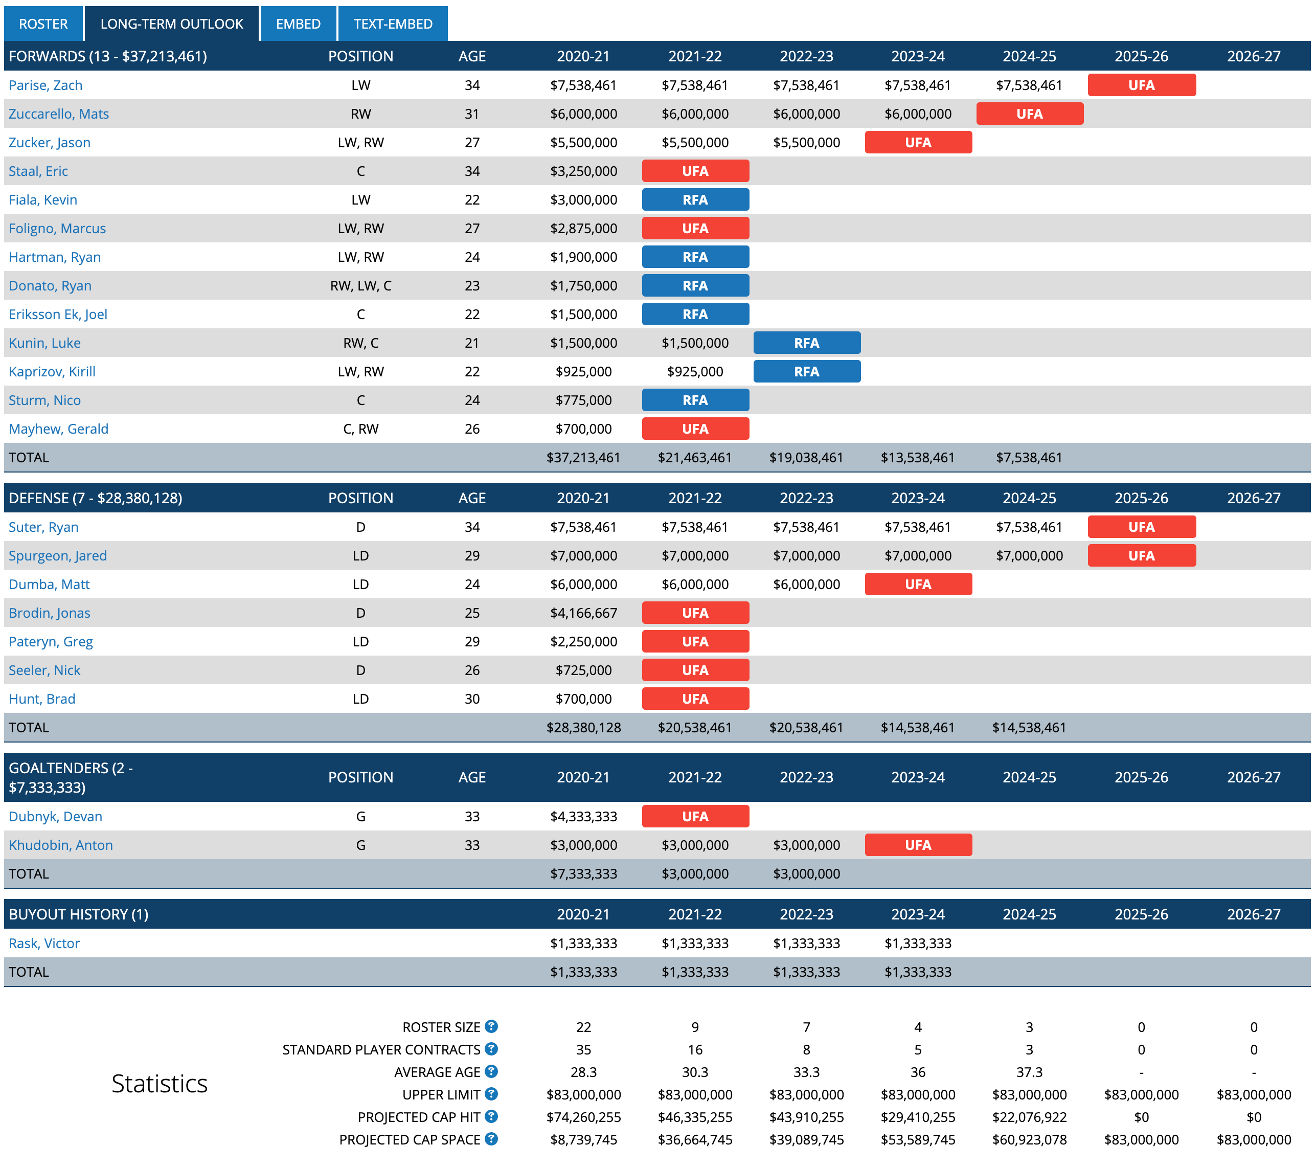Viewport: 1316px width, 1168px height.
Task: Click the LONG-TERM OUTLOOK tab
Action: point(171,24)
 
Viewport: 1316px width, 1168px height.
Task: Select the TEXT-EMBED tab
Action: point(392,24)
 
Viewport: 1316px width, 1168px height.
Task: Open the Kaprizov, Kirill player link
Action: point(52,371)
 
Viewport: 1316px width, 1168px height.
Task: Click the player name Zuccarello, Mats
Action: point(59,114)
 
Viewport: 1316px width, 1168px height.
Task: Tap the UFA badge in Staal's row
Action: point(695,171)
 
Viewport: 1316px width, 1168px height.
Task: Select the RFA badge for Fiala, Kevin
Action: point(695,199)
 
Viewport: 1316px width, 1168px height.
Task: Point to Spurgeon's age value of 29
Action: point(472,556)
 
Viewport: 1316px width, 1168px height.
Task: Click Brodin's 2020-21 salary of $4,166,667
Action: point(583,613)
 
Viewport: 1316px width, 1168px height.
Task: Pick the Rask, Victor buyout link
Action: point(44,944)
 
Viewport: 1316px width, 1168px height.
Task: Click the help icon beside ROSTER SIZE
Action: point(491,1026)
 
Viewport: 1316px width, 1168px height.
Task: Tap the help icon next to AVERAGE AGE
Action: point(491,1071)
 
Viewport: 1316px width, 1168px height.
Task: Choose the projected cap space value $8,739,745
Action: point(583,1140)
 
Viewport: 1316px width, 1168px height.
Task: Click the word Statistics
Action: point(159,1084)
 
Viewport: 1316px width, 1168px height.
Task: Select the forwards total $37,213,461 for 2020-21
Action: point(583,458)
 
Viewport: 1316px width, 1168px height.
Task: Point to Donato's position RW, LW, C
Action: point(360,286)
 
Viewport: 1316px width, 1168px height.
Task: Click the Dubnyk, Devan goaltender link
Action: point(55,817)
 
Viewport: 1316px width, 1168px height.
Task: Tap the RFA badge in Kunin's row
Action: point(806,343)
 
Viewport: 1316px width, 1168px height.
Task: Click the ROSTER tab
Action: point(43,24)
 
